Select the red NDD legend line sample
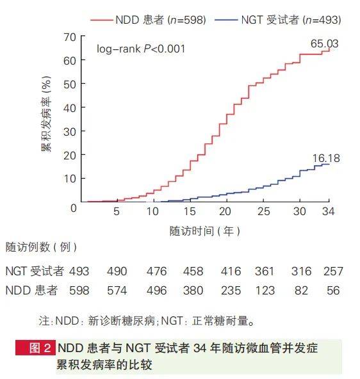(102, 20)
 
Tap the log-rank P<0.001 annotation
(141, 48)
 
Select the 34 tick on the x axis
(329, 212)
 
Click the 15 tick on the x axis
(189, 212)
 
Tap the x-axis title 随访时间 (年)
(205, 230)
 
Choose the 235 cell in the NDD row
(232, 291)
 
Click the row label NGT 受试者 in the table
(32, 272)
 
